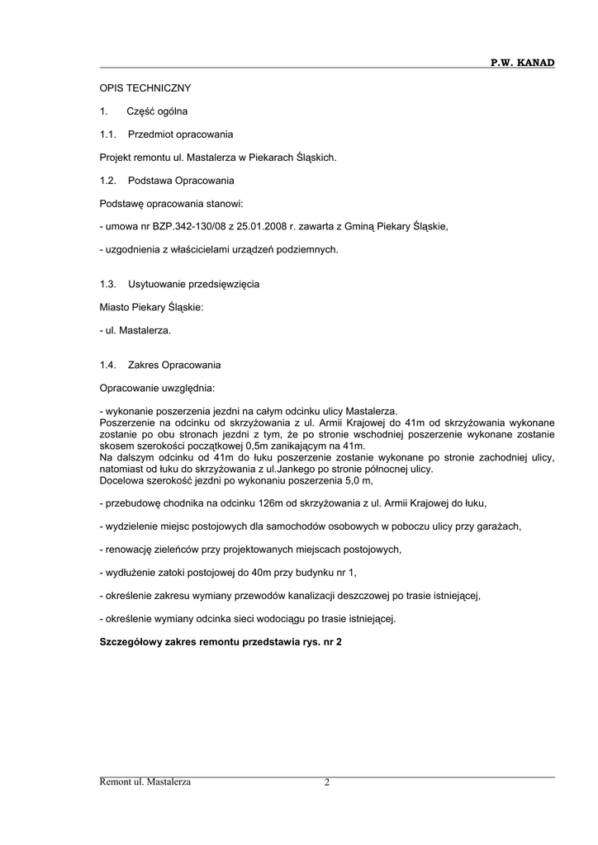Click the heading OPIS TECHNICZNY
[145, 87]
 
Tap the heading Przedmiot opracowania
[180, 134]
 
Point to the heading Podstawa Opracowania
[181, 180]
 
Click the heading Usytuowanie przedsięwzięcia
[193, 284]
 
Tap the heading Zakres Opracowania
[174, 365]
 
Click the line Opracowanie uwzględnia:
[157, 388]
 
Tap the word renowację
[126, 549]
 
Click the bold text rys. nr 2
[317, 641]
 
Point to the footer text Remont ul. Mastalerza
[145, 782]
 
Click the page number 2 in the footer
[327, 782]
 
